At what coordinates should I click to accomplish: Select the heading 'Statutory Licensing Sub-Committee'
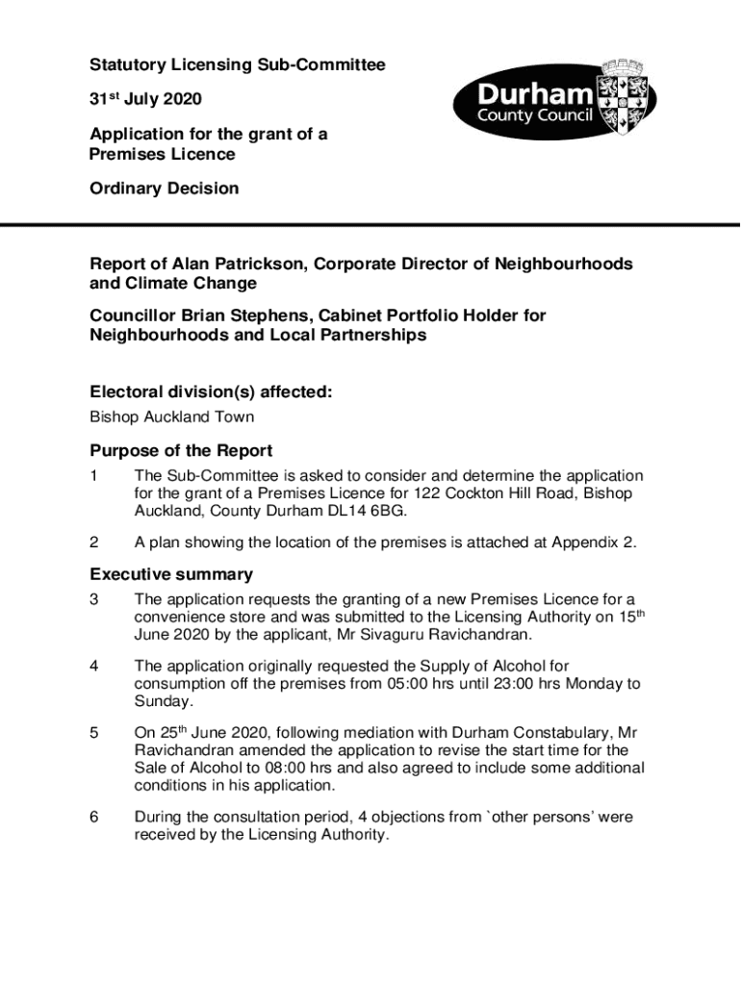237,65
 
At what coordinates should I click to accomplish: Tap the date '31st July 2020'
146,100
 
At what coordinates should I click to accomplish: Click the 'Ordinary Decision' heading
164,189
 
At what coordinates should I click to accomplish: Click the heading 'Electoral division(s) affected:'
212,392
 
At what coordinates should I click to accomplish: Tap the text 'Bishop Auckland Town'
172,417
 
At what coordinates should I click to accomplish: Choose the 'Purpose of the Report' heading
181,450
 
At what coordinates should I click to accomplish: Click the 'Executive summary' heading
171,574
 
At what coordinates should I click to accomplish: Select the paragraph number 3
94,600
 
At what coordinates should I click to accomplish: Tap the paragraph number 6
94,818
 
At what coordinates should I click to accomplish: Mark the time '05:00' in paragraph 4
417,684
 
